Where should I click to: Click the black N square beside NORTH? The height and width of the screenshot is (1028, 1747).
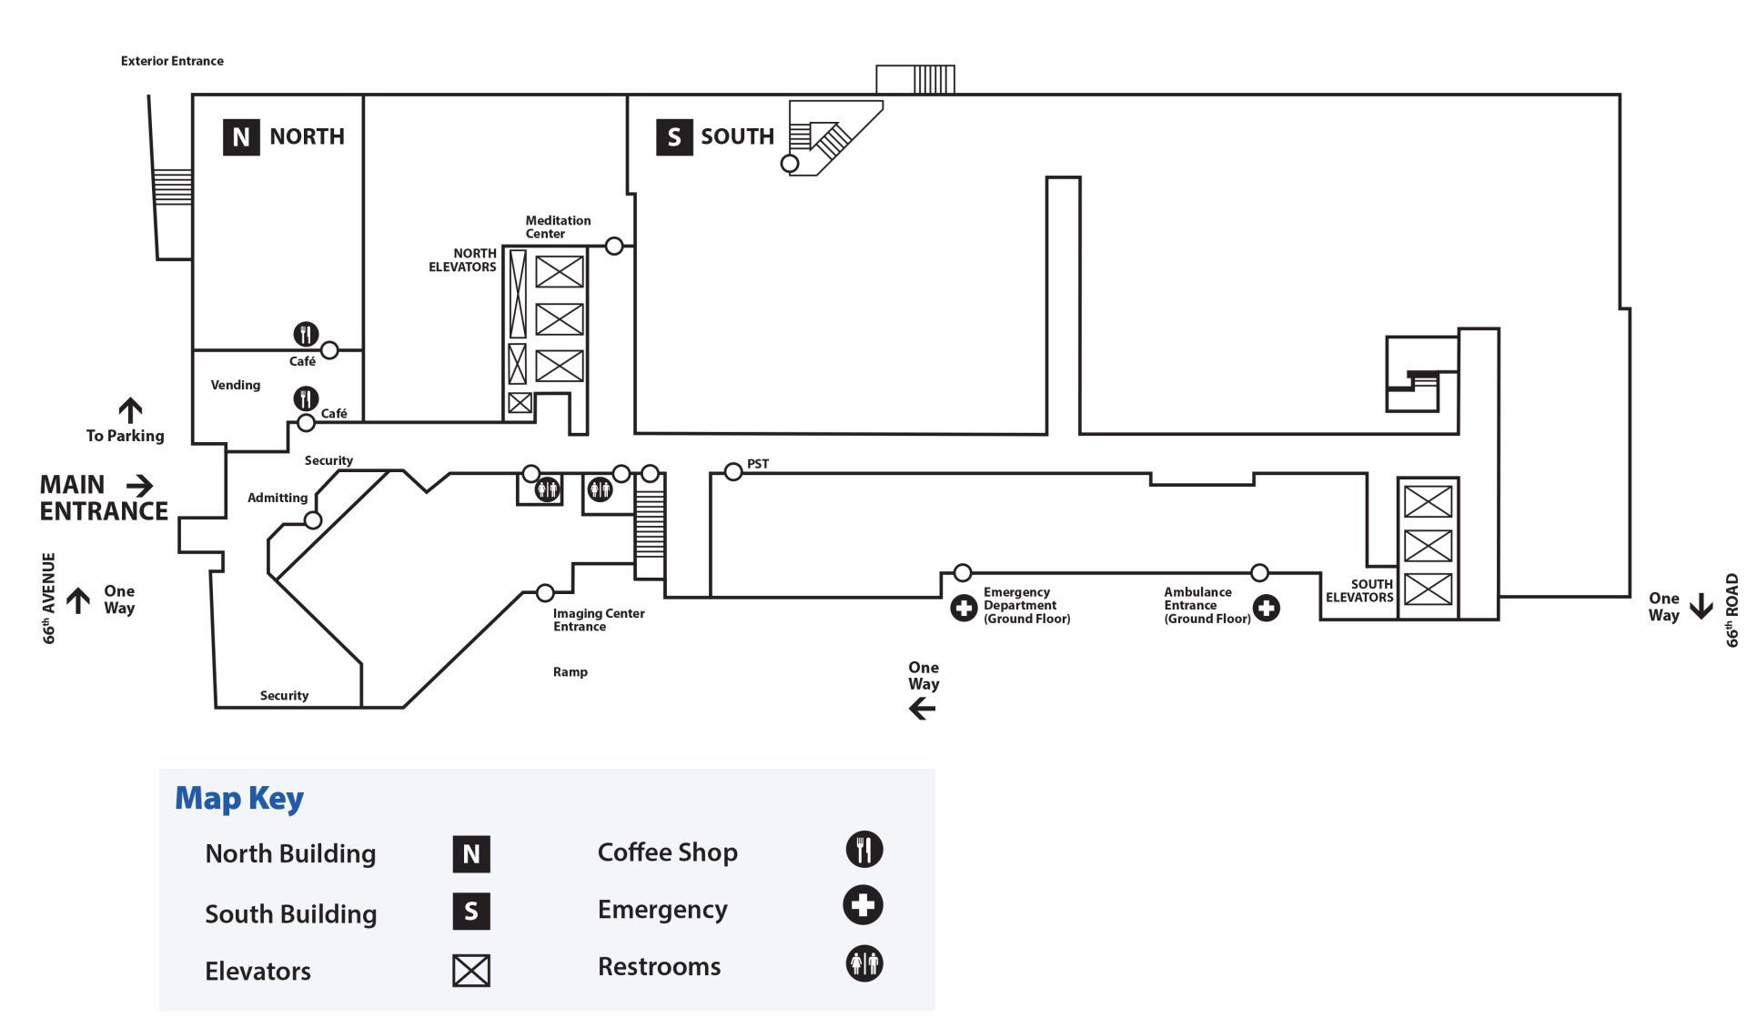[x=241, y=136]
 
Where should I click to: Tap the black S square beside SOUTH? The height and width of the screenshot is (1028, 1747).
[x=674, y=136]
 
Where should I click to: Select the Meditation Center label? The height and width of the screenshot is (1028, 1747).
[x=558, y=227]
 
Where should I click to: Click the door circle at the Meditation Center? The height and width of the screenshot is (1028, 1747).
[x=614, y=246]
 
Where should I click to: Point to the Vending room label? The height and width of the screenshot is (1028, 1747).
[x=236, y=385]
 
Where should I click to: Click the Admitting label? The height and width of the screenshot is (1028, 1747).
[x=278, y=498]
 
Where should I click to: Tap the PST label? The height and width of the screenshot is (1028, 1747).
[x=758, y=464]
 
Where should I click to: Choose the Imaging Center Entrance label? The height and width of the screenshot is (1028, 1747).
[x=599, y=620]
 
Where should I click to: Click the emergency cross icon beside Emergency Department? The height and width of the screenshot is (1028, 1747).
[x=964, y=607]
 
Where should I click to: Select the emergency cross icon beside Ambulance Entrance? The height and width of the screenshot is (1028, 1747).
[x=1266, y=607]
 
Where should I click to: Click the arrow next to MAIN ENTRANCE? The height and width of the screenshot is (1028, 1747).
[x=139, y=485]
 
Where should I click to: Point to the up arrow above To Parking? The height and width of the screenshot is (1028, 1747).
[x=130, y=410]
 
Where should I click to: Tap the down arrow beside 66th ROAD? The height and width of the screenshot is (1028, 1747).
[x=1701, y=606]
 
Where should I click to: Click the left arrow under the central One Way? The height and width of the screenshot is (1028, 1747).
[x=923, y=709]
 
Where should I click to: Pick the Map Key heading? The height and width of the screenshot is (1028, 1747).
[x=239, y=799]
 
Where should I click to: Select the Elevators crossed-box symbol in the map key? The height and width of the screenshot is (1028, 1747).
[x=471, y=971]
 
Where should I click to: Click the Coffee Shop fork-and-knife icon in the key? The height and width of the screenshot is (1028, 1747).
[x=864, y=850]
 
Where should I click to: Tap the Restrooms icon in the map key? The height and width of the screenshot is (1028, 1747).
[x=864, y=963]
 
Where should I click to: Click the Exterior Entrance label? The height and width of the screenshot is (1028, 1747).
[x=172, y=61]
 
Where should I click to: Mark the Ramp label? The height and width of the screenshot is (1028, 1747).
[x=571, y=672]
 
